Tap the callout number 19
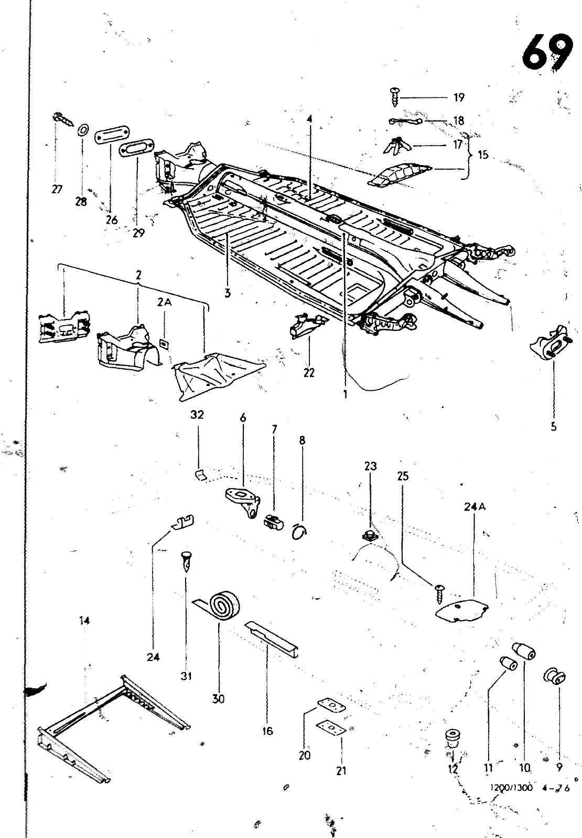click(459, 98)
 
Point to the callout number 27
click(57, 190)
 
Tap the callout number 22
click(309, 372)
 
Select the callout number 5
click(554, 427)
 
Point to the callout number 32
click(197, 415)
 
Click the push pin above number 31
click(186, 561)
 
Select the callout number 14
click(84, 621)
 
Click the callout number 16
click(267, 731)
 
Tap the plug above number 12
click(452, 738)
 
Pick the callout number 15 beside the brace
click(482, 155)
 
